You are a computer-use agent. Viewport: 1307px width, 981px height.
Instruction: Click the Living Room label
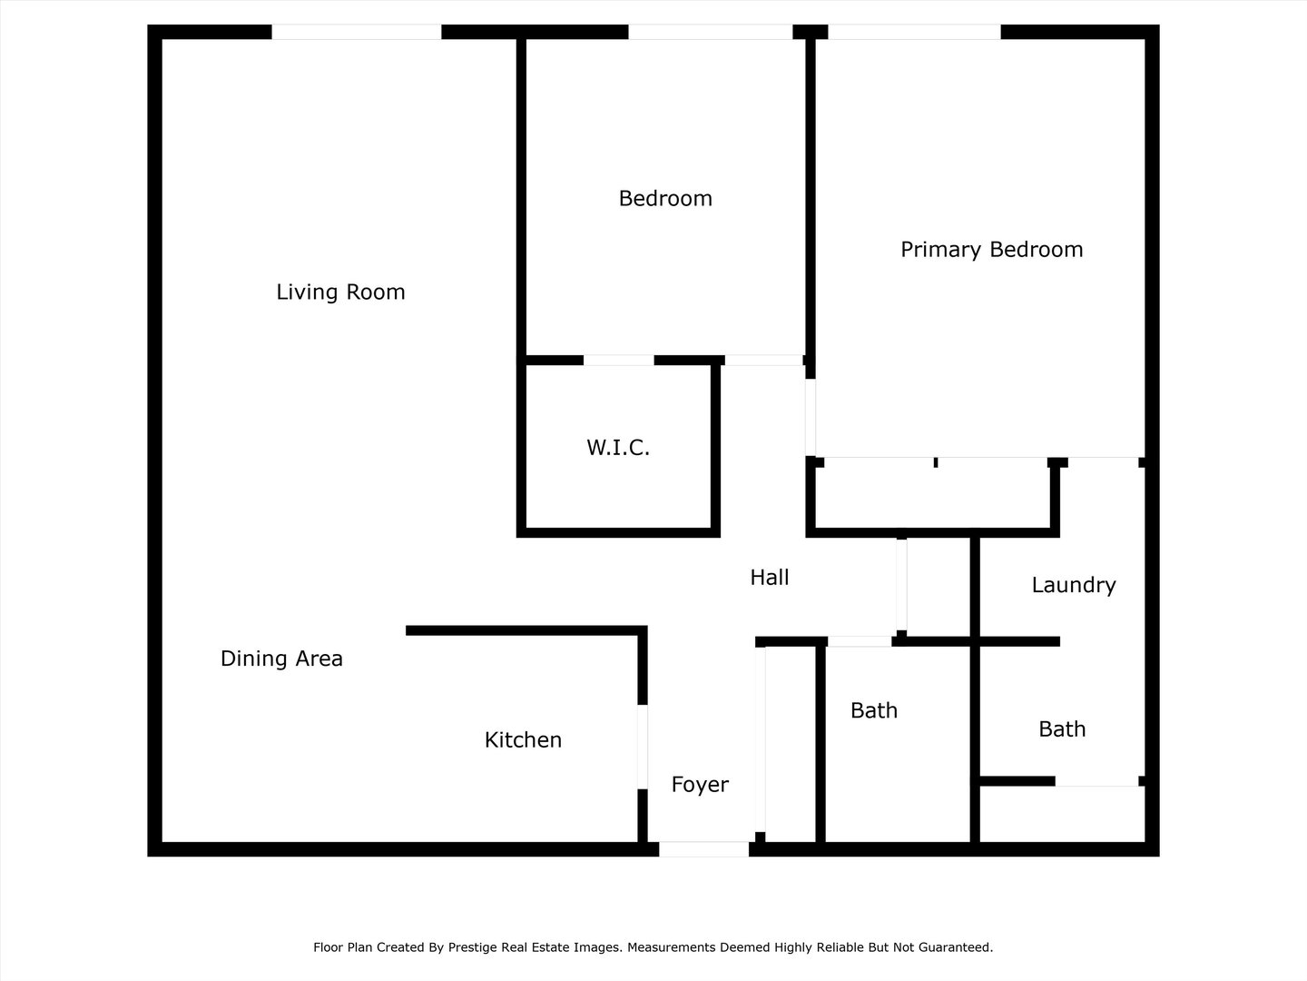pyautogui.click(x=340, y=292)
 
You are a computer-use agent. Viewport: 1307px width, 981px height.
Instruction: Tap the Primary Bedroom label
pyautogui.click(x=991, y=250)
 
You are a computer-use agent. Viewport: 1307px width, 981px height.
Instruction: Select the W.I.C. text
pyautogui.click(x=618, y=447)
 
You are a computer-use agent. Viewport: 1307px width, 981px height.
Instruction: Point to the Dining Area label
pyautogui.click(x=281, y=659)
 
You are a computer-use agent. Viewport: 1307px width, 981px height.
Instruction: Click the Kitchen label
pyautogui.click(x=523, y=739)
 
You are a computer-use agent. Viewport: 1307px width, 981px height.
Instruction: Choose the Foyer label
pyautogui.click(x=700, y=785)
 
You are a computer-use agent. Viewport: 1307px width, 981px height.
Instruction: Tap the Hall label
pyautogui.click(x=770, y=577)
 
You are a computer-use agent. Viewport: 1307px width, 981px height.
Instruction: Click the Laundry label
pyautogui.click(x=1074, y=585)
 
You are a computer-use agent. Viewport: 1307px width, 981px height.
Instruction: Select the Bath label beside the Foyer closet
pyautogui.click(x=873, y=710)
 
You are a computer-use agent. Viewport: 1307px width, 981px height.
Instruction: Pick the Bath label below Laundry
pyautogui.click(x=1062, y=729)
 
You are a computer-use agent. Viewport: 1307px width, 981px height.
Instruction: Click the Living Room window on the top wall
pyautogui.click(x=357, y=32)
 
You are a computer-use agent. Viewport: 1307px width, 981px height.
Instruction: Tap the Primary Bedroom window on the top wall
pyautogui.click(x=914, y=32)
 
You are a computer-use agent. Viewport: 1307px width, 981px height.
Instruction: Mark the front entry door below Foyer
pyautogui.click(x=703, y=849)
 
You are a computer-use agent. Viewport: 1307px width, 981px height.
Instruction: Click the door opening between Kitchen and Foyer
pyautogui.click(x=643, y=747)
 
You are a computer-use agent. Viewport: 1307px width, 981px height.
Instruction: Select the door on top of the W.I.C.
pyautogui.click(x=619, y=361)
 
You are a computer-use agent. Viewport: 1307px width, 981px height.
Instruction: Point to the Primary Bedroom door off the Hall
pyautogui.click(x=811, y=417)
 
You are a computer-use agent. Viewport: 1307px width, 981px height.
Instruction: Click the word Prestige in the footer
pyautogui.click(x=472, y=947)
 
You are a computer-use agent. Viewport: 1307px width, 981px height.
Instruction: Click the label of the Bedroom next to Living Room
pyautogui.click(x=665, y=198)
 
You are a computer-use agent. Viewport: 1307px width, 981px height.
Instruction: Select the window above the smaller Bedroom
pyautogui.click(x=711, y=32)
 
